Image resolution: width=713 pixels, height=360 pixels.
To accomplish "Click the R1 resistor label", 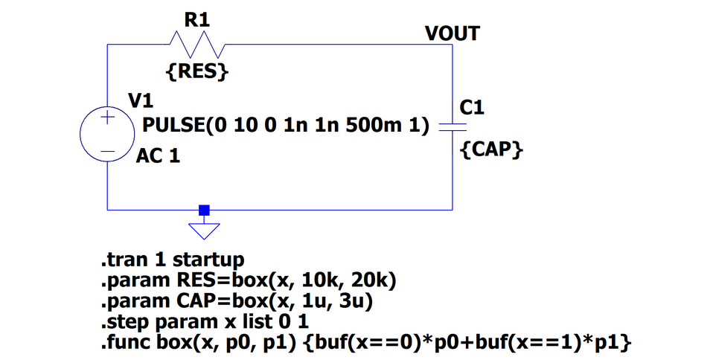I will pos(197,21).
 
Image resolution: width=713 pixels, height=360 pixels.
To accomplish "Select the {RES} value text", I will pos(196,73).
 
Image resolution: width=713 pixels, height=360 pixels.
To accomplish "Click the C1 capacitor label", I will pos(472,108).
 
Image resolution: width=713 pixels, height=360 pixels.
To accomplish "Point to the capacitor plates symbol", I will pos(453,127).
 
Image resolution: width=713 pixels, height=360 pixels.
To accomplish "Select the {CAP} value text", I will pos(491,149).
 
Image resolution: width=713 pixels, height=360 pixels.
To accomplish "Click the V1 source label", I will pos(141,100).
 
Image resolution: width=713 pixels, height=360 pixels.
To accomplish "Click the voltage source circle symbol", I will pos(107,134).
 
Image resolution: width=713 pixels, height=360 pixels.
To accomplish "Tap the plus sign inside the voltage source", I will pos(107,118).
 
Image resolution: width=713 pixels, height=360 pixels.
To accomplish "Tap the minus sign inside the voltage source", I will pos(107,151).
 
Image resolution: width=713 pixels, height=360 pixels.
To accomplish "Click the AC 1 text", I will pos(158,157).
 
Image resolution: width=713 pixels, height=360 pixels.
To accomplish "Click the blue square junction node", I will pos(205,210).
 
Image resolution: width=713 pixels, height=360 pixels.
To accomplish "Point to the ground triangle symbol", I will pos(205,231).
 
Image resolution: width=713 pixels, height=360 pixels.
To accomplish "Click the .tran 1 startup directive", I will pos(173,261).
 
